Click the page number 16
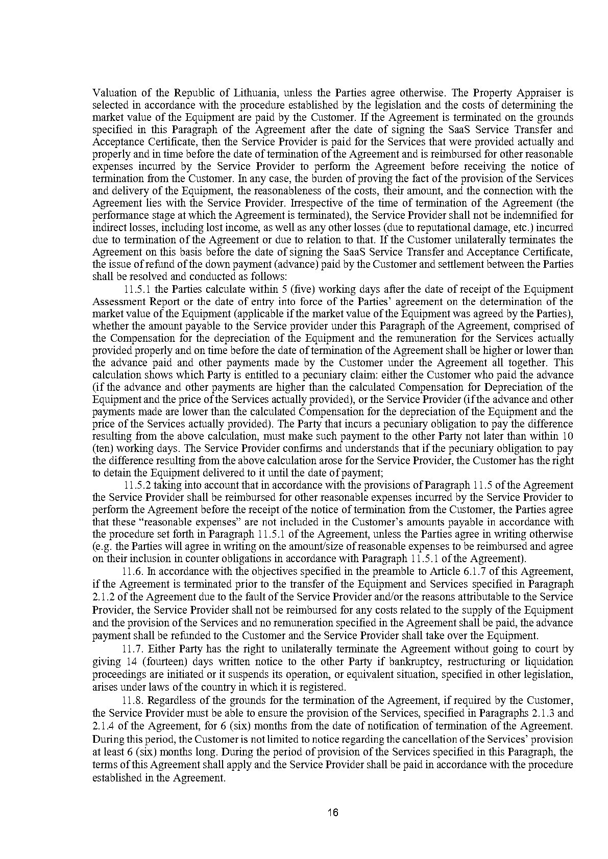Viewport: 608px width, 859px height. click(333, 813)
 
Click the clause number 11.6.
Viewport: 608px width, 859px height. click(134, 571)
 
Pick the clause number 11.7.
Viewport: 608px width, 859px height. click(134, 649)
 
